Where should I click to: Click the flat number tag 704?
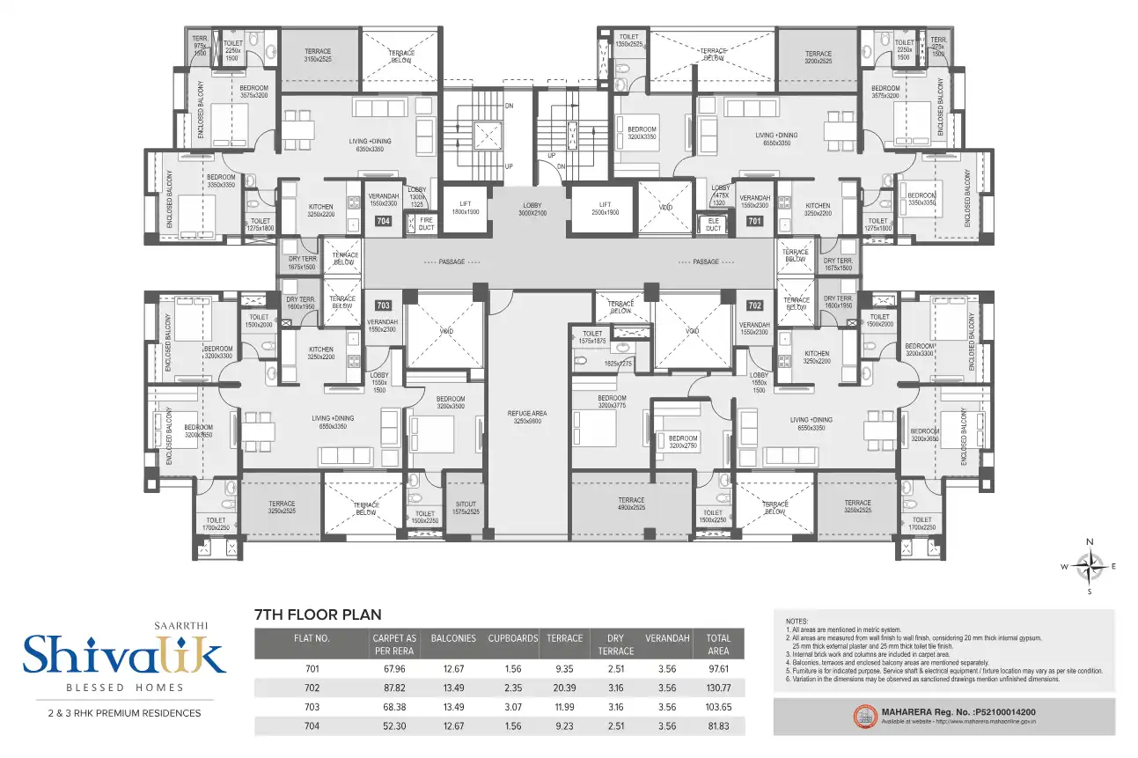click(x=383, y=222)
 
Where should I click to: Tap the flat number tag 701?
click(x=754, y=222)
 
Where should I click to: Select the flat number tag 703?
click(x=383, y=305)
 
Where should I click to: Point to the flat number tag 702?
click(x=754, y=305)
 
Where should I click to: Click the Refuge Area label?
click(x=528, y=416)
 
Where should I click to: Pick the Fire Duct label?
click(x=426, y=224)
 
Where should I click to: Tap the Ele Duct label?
click(x=713, y=224)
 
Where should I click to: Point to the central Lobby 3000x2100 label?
click(x=532, y=209)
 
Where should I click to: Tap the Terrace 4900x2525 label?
click(x=630, y=504)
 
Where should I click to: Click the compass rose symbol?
click(x=1090, y=566)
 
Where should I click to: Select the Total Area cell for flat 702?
click(x=718, y=688)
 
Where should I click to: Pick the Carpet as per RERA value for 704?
click(x=394, y=726)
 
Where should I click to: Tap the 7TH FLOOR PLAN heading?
click(x=317, y=614)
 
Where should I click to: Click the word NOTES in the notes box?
click(x=796, y=621)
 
